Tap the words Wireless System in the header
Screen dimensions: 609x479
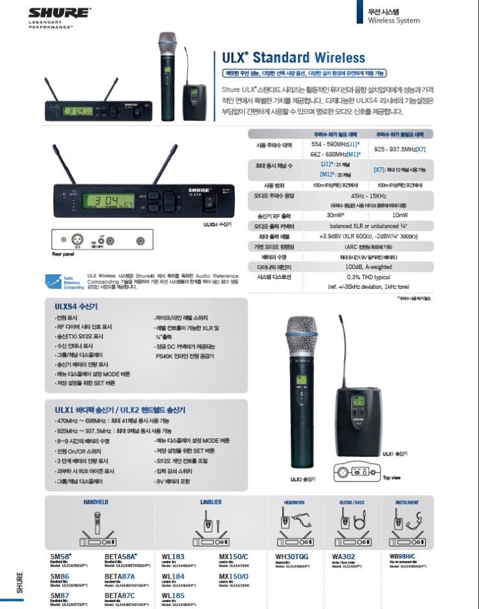(394, 21)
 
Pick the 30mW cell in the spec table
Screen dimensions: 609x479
(335, 214)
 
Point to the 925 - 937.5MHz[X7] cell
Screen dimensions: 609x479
(400, 149)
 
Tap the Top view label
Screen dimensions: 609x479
(392, 477)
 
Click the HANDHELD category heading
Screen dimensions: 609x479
(96, 502)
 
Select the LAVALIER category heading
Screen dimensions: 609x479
(210, 502)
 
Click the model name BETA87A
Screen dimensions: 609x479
(120, 575)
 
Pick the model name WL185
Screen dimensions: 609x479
(173, 595)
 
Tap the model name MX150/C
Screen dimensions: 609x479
(233, 555)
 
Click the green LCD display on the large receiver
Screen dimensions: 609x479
(109, 201)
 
